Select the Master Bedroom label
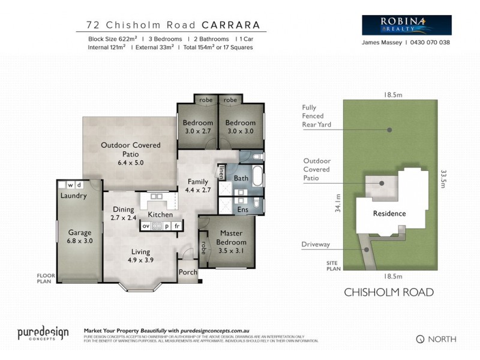pyautogui.click(x=230, y=238)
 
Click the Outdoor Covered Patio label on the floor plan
pyautogui.click(x=122, y=154)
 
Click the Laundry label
pyautogui.click(x=74, y=196)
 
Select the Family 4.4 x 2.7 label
pyautogui.click(x=197, y=186)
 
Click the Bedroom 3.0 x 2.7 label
pyautogui.click(x=197, y=127)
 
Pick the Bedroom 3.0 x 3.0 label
pyautogui.click(x=240, y=127)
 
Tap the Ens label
pyautogui.click(x=243, y=209)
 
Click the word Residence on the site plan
pyautogui.click(x=389, y=214)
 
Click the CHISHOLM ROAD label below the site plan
pyautogui.click(x=388, y=293)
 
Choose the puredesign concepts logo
pyautogui.click(x=43, y=334)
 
